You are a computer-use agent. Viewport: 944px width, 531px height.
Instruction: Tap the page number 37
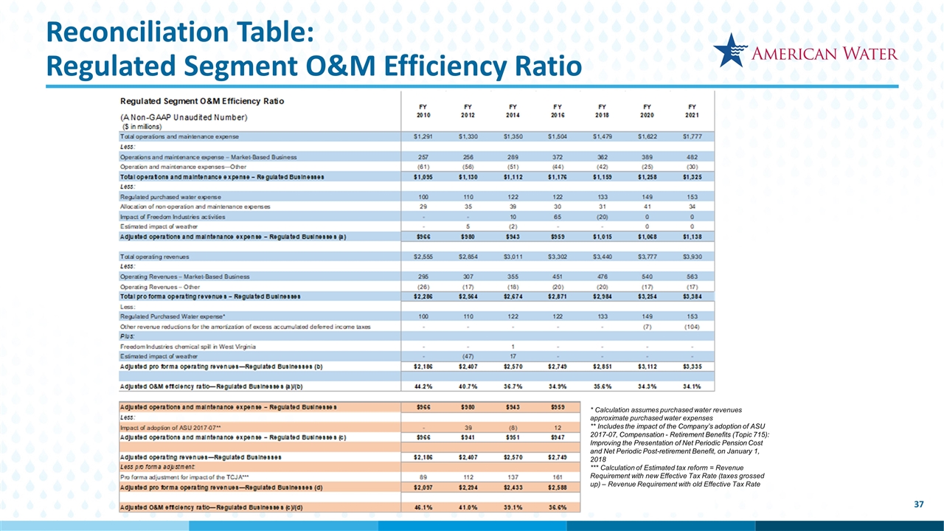(x=918, y=504)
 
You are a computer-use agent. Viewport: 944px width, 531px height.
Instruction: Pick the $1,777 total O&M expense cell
(x=692, y=136)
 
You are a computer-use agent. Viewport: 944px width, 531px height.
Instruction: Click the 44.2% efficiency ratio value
(x=423, y=386)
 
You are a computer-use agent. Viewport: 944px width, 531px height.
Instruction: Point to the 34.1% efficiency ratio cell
(x=692, y=386)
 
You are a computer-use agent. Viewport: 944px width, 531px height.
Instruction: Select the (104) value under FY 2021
(x=692, y=326)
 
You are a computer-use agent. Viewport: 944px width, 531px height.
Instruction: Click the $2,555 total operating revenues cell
(x=423, y=256)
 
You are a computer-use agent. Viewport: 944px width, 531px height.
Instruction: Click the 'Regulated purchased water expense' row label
(x=170, y=197)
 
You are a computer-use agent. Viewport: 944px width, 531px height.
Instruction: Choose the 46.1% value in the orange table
(x=423, y=508)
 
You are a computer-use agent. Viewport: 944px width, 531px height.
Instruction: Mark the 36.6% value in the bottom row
(x=558, y=508)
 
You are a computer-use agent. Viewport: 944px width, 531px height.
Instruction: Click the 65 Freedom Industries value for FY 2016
(x=558, y=217)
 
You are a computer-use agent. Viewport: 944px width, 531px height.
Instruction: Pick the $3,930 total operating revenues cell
(x=692, y=256)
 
